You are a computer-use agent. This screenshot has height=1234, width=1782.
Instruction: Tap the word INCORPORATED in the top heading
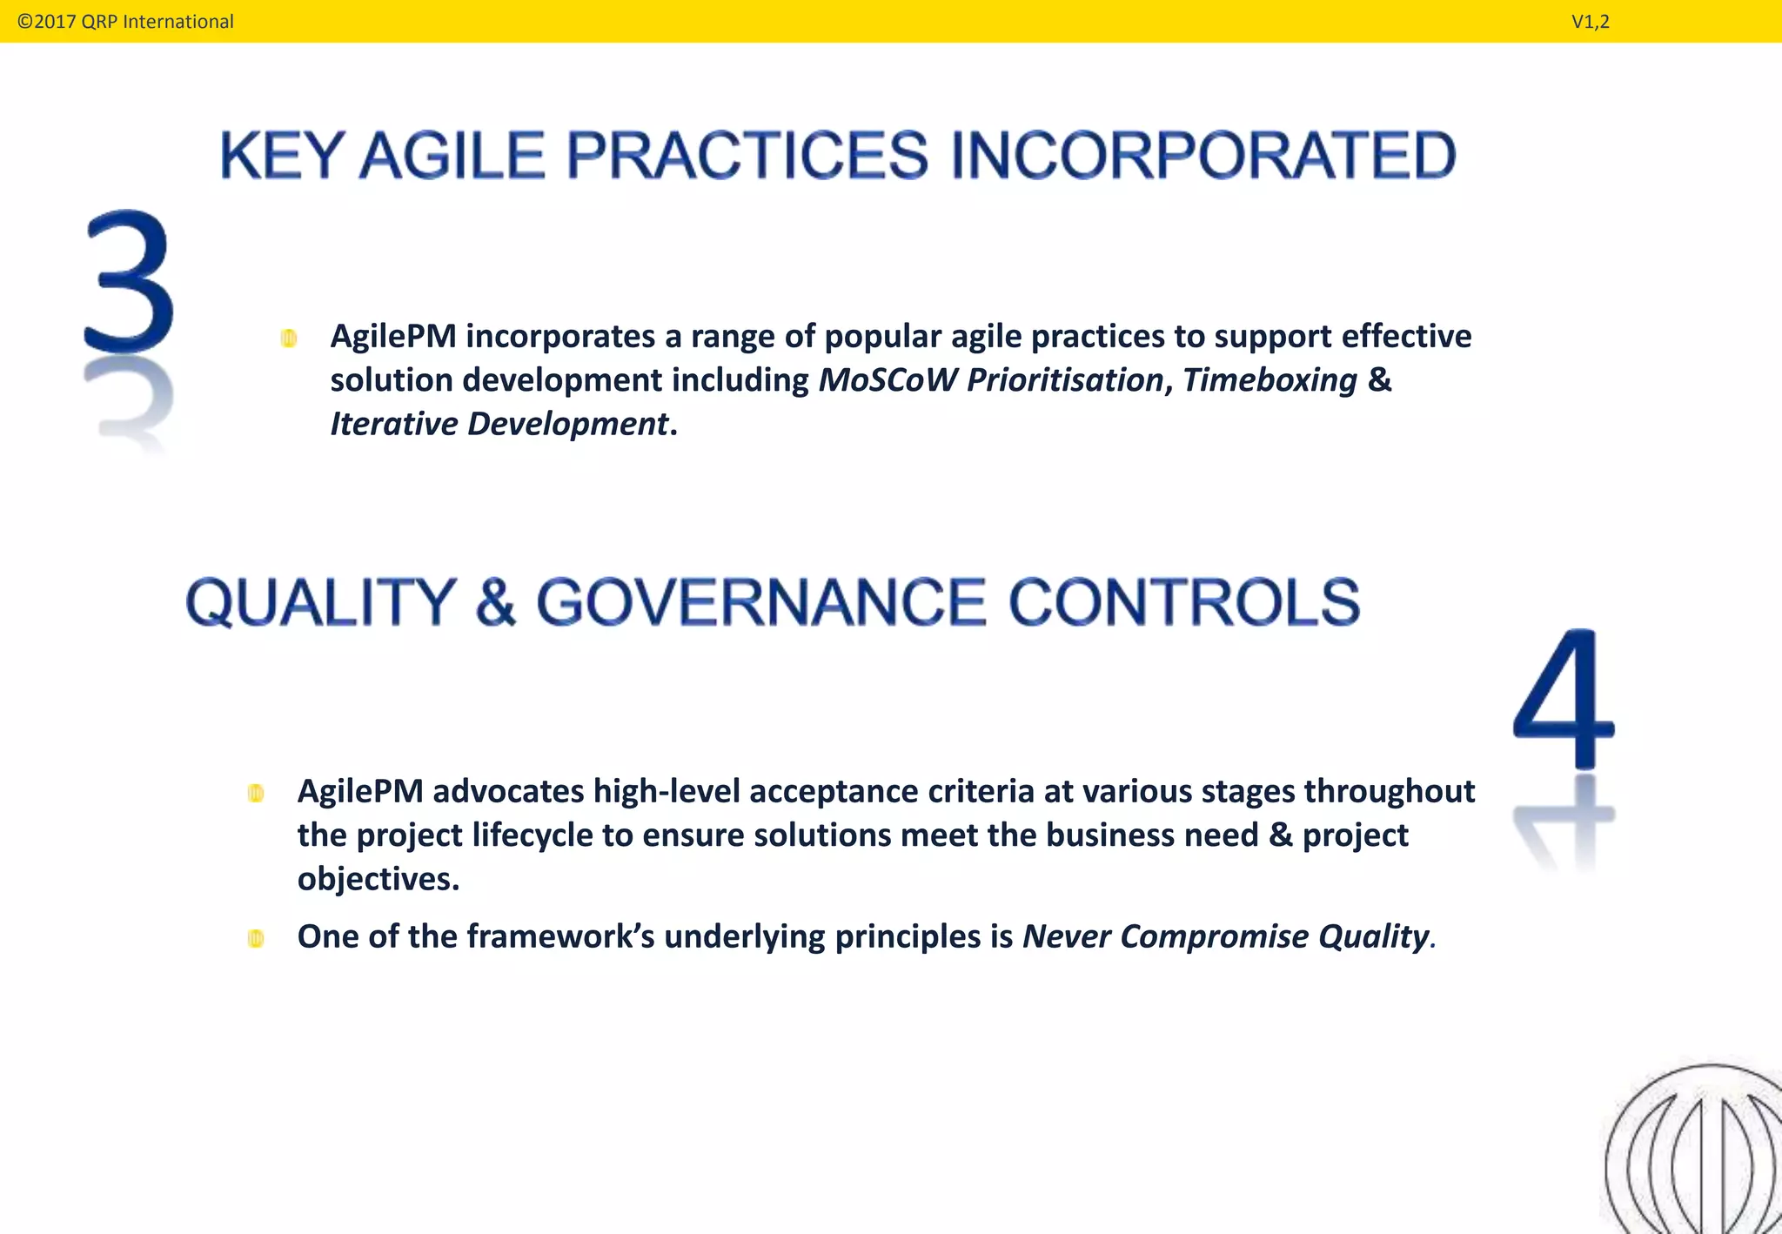coord(1203,157)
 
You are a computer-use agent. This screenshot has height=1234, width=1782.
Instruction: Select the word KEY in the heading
coord(282,157)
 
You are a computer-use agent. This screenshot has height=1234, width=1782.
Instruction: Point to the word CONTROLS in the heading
coord(1183,602)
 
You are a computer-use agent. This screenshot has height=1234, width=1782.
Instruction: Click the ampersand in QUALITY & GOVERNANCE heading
coord(496,602)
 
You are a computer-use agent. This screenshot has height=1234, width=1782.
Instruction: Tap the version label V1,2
coord(1590,22)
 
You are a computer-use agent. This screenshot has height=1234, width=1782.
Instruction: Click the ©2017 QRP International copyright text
coord(125,22)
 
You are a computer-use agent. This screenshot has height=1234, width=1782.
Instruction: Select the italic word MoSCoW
coord(888,380)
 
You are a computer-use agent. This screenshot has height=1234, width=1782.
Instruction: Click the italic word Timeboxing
coord(1270,380)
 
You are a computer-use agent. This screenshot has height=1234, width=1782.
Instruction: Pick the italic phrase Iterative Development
coord(499,425)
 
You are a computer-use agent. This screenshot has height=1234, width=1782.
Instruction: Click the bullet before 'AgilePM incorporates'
coord(289,339)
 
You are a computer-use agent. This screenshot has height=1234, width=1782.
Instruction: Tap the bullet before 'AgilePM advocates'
coord(256,793)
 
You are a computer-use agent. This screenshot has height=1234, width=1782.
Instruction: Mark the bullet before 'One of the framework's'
coord(256,938)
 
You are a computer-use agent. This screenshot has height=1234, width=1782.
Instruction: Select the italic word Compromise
coord(1214,937)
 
